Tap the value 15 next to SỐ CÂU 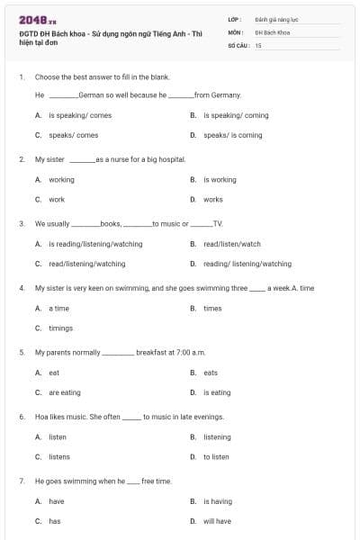pos(258,44)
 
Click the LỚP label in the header pos(235,19)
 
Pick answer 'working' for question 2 pos(61,180)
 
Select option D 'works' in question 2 pos(212,200)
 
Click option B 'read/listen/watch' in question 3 pos(231,244)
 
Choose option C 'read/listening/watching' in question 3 pos(86,264)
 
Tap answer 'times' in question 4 pos(212,309)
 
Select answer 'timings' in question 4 pos(60,328)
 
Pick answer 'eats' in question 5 pos(211,373)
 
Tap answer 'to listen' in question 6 pos(216,457)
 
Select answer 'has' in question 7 pos(54,521)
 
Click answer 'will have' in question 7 pos(216,521)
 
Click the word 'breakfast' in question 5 pos(152,352)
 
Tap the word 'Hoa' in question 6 pos(41,417)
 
